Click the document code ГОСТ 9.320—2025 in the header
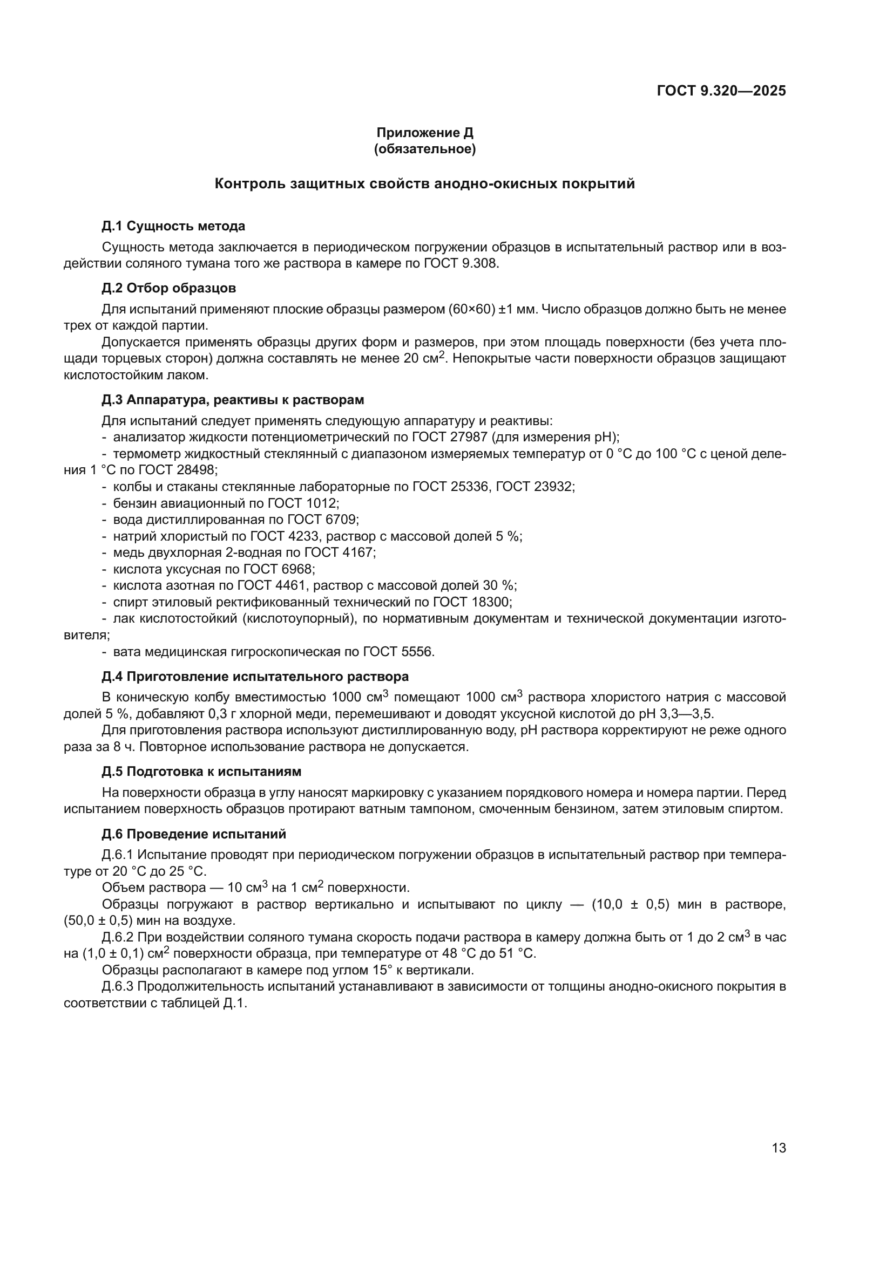[x=721, y=91]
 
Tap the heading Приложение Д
[x=424, y=133]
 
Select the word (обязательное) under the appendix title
[x=424, y=149]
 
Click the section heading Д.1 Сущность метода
[x=173, y=226]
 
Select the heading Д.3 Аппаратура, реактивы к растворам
[x=233, y=400]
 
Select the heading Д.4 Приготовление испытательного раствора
[x=255, y=677]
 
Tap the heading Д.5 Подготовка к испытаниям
[x=201, y=772]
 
